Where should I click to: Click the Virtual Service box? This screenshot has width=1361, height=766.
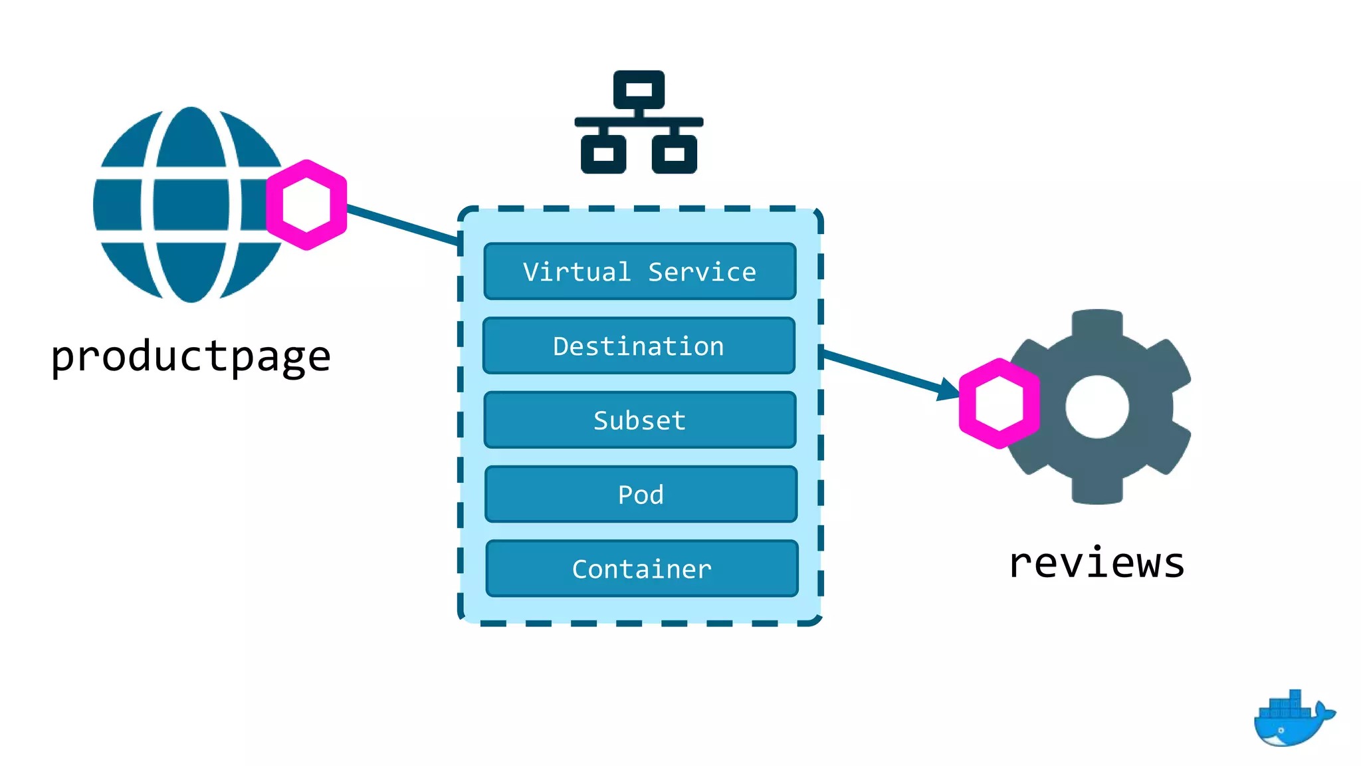[639, 271]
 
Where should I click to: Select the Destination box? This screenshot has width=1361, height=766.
[639, 346]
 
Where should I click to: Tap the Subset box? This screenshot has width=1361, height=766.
[639, 420]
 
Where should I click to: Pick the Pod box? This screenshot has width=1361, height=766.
[641, 495]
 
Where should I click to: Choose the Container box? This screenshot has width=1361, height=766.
[641, 569]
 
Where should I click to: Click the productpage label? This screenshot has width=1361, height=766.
[191, 356]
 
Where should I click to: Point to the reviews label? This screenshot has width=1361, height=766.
[1097, 564]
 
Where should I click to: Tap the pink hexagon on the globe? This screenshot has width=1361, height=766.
[306, 205]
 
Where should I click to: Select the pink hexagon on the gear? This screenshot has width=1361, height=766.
[999, 404]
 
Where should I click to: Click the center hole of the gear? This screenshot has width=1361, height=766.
[1097, 407]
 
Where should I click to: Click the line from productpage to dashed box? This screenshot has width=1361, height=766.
[402, 225]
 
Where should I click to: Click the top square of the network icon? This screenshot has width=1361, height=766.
[639, 89]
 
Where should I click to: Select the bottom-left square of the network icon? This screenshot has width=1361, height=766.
[603, 154]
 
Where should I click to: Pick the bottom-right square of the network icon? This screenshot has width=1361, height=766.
[674, 154]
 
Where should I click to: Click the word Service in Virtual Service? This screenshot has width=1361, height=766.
[702, 272]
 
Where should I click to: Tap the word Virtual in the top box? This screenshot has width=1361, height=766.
[577, 272]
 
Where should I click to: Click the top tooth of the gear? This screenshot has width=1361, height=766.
[1097, 322]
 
